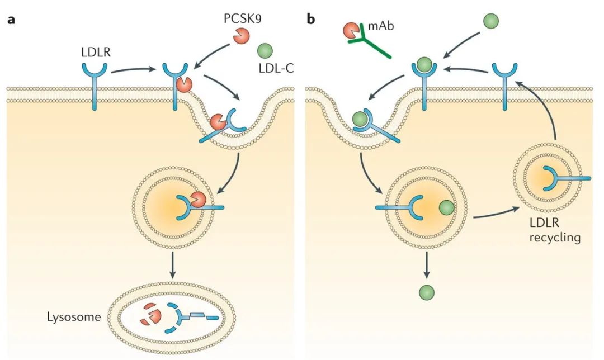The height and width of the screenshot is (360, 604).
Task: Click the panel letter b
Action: [311, 20]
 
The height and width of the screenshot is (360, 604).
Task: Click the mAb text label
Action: [381, 24]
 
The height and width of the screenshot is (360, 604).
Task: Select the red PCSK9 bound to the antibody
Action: [350, 31]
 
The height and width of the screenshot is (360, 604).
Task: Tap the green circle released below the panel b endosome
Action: [426, 292]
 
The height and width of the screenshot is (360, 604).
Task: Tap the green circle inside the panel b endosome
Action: [446, 209]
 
